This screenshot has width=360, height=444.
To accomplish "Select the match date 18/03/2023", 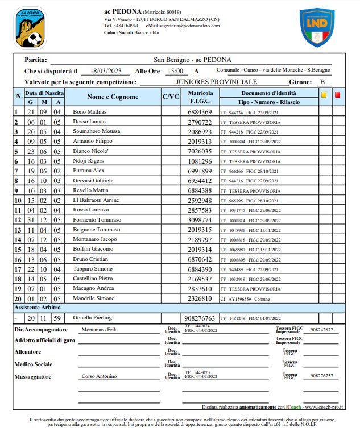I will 107,71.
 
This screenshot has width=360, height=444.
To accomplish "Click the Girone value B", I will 322,82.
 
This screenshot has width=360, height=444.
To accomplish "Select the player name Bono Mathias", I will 90,112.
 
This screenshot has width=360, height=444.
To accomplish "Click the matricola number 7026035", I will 200,151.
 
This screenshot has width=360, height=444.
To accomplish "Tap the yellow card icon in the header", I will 324,95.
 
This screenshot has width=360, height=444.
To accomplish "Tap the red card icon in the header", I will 337,95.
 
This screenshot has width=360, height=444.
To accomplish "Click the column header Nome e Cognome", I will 113,97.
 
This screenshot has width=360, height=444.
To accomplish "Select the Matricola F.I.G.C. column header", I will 200,97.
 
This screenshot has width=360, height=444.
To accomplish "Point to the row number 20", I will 18,298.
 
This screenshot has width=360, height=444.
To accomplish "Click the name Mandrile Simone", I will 94,298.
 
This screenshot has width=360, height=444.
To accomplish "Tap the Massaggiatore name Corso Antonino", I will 99,376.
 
